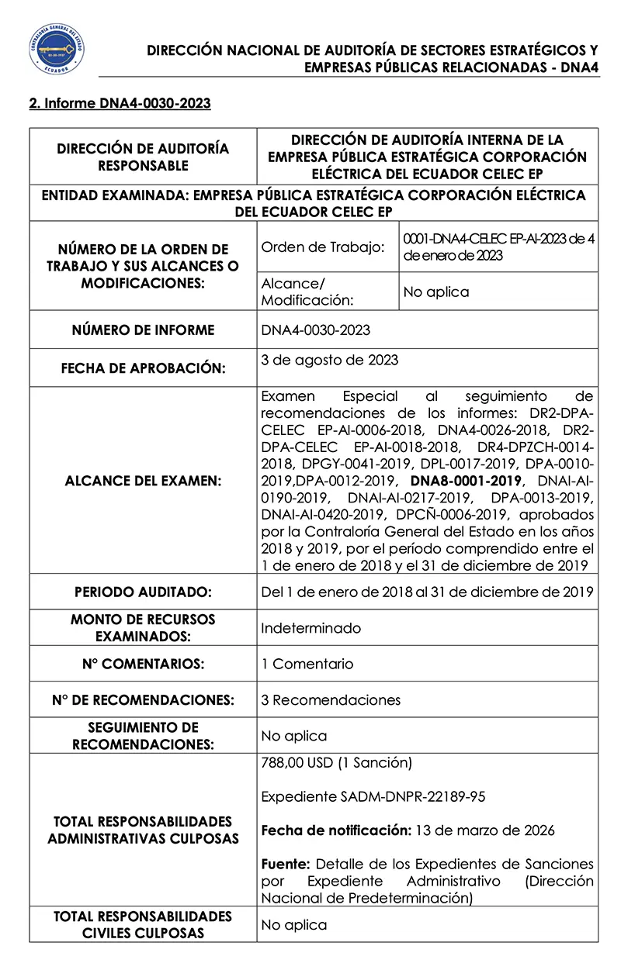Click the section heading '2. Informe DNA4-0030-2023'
point(120,103)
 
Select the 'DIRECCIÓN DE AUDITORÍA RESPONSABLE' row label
point(143,157)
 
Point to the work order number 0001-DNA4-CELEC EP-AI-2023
point(498,247)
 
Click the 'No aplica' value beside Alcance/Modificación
point(435,292)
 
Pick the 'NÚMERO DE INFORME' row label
point(143,330)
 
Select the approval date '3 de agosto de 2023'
point(330,360)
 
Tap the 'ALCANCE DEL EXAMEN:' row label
point(143,481)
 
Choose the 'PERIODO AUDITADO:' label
point(143,592)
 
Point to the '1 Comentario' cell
point(307,664)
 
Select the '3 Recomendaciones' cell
point(331,700)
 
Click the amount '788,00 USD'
point(297,762)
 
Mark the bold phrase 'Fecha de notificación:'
point(335,830)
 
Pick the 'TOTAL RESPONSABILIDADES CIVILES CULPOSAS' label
point(143,924)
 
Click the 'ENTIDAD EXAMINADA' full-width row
point(314,203)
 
